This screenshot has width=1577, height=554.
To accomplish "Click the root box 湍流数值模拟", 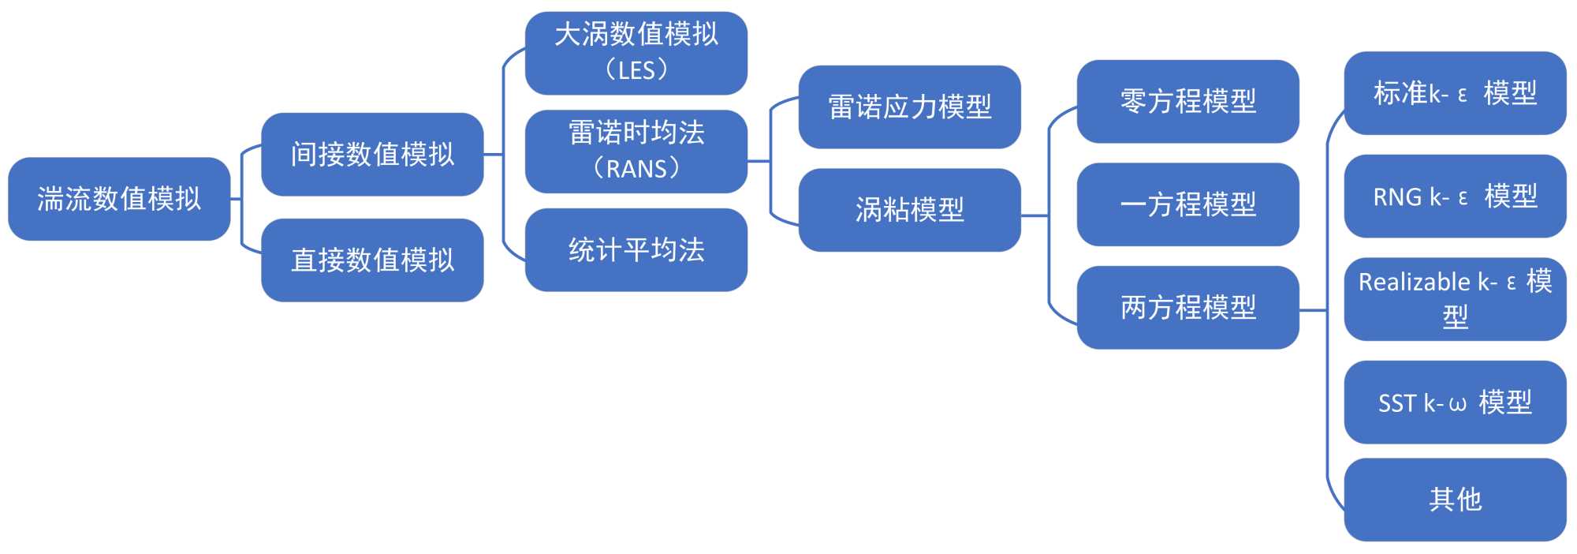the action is pos(119,199).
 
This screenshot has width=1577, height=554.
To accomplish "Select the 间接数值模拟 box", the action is pos(372,154).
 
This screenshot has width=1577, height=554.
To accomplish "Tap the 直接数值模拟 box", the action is pos(372,260).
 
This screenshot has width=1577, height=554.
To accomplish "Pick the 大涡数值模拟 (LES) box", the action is pos(636,53).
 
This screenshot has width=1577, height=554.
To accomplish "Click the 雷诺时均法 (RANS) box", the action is pos(636,151).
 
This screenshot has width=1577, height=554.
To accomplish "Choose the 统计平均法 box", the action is pos(636,249).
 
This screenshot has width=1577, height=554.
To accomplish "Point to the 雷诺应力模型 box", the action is pos(909,107).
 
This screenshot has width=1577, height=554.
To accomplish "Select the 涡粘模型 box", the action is pos(909,209).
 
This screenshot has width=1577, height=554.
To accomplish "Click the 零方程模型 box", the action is pos(1187,101).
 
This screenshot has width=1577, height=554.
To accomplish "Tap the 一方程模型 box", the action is pos(1187,204).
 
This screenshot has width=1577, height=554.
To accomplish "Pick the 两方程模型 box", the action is pos(1187,307).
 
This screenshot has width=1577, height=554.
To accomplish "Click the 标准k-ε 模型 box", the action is pos(1455,93).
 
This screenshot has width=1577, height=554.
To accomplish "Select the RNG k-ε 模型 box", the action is pos(1455,196).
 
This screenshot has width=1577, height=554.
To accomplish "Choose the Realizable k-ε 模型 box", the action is pos(1455,299).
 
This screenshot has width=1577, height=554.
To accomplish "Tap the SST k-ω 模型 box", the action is pos(1455,402).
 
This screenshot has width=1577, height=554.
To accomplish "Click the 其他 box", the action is pos(1455,500).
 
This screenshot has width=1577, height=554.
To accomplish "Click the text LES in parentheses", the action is pos(636,71).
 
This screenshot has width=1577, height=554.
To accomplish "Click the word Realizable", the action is pos(1415,282).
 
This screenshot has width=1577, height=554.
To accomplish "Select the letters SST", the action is pos(1397,404).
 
